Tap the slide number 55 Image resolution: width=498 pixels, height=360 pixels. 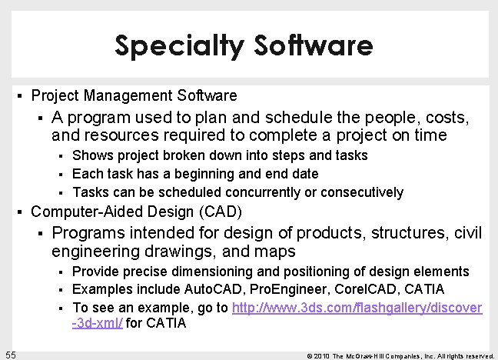click(10, 353)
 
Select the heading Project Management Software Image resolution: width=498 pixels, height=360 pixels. click(134, 96)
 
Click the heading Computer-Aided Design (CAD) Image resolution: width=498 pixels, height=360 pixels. click(136, 212)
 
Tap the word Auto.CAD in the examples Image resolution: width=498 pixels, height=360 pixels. click(216, 289)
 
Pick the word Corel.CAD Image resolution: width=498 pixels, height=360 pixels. click(358, 289)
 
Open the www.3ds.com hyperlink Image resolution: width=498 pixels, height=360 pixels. click(357, 308)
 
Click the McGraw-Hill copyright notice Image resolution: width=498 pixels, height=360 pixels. click(400, 355)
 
